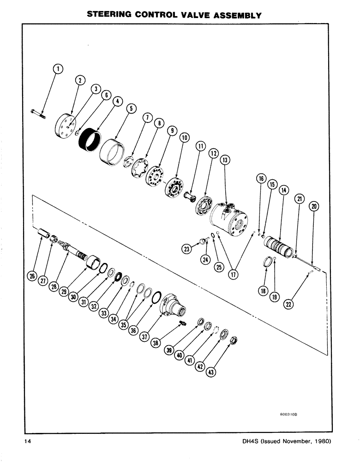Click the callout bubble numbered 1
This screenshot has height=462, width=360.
58,69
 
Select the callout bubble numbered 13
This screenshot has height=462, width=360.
225,160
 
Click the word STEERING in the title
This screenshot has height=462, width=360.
111,15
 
